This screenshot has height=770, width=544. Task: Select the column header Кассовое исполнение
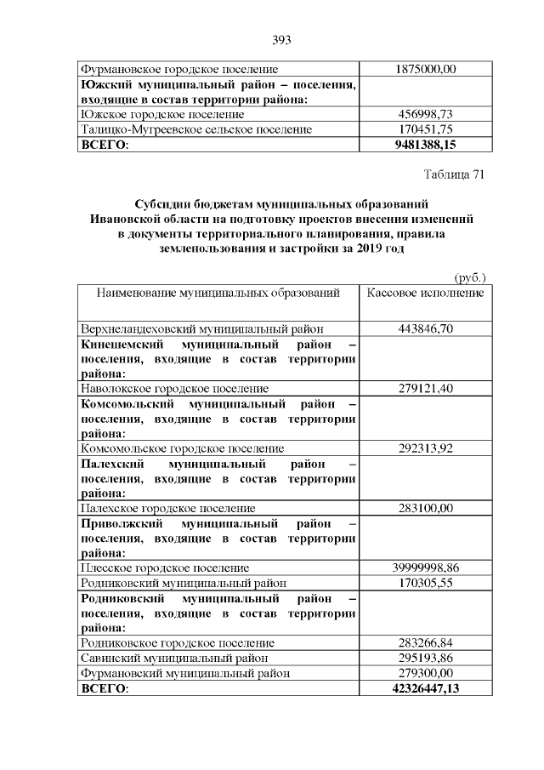click(426, 293)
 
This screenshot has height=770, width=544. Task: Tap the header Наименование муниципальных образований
click(218, 293)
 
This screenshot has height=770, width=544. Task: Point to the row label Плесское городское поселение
click(164, 568)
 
